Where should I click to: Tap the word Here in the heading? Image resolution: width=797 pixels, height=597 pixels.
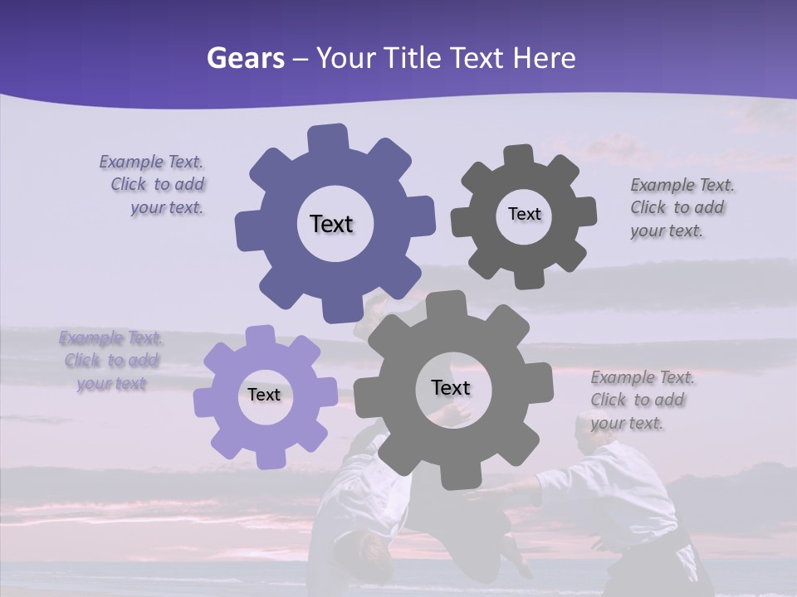[x=545, y=58]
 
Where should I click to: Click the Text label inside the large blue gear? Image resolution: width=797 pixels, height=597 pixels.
[x=331, y=224]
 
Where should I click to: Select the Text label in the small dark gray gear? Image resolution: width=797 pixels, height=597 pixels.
[x=524, y=214]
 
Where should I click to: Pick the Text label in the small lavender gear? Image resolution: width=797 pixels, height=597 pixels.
[x=264, y=396]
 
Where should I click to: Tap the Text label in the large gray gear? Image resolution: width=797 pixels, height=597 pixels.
[x=451, y=388]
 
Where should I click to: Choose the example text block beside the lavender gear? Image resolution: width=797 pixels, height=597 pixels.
[x=111, y=361]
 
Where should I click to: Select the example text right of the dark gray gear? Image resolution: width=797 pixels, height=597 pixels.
[x=681, y=208]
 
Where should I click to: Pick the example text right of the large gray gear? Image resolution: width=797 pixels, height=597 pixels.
[x=642, y=400]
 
